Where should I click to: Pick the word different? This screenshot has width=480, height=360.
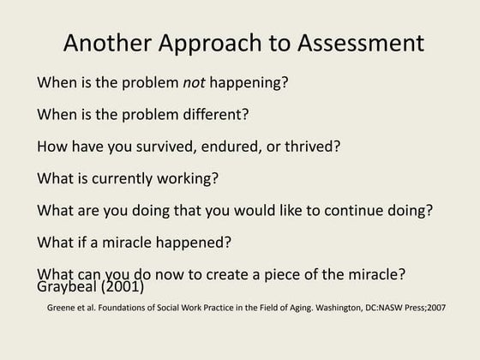tap(207, 115)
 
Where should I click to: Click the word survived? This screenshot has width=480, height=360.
tap(164, 147)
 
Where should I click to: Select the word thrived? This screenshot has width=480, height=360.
tap(310, 147)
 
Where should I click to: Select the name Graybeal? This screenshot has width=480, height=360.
tap(68, 288)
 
